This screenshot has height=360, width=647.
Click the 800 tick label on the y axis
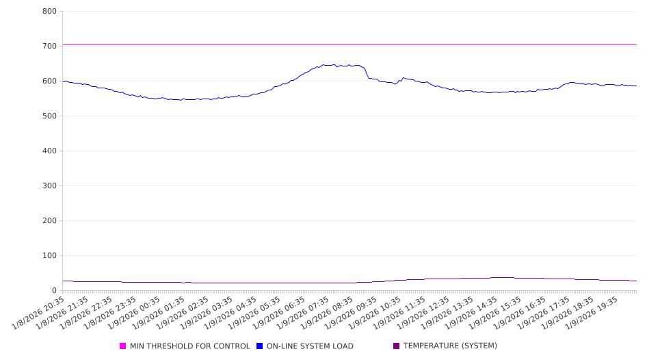click(x=49, y=12)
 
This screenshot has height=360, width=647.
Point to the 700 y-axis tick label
click(x=49, y=47)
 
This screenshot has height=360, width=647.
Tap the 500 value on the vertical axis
click(x=49, y=116)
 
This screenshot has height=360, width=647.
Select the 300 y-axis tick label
click(x=49, y=186)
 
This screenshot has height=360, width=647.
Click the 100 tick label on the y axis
click(x=49, y=256)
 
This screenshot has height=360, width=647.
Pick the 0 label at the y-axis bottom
click(x=53, y=291)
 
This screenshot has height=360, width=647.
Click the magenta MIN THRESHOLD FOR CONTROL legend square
click(x=123, y=346)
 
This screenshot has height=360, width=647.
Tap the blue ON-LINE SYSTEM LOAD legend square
click(x=260, y=346)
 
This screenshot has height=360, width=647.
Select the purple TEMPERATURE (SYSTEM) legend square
click(x=397, y=346)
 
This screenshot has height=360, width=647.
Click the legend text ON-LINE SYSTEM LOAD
click(x=310, y=346)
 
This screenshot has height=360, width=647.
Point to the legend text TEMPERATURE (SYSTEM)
click(x=450, y=346)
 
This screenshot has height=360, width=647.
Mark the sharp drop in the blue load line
click(x=367, y=73)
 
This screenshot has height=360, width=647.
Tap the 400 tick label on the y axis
click(x=49, y=151)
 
